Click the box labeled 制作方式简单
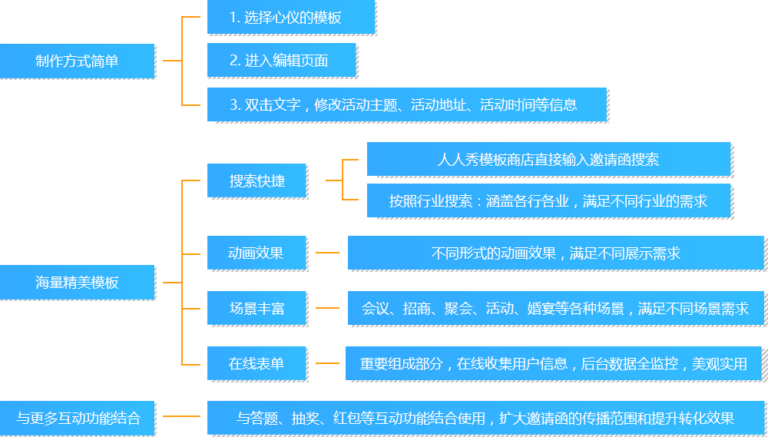point(77,61)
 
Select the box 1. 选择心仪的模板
point(290,18)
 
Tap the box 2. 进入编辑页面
point(281,60)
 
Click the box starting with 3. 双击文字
point(406,104)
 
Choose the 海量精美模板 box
point(77,282)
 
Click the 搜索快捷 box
point(257,181)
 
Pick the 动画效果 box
point(257,253)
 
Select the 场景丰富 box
point(257,308)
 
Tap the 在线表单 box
point(257,363)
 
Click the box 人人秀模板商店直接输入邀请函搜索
point(548,159)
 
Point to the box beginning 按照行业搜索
point(548,201)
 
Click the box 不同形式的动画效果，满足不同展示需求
point(555,253)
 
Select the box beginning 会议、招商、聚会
point(555,308)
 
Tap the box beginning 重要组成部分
point(553,363)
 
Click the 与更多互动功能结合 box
point(77,418)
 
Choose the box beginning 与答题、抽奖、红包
point(485,418)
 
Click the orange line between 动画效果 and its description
point(327,252)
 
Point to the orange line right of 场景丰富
point(327,307)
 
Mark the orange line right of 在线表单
point(327,363)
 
